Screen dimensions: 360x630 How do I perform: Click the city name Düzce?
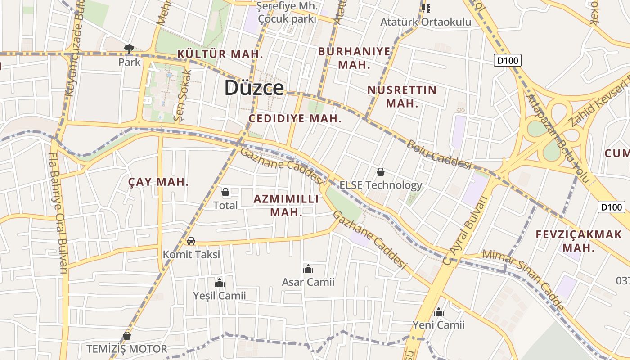pyautogui.click(x=254, y=88)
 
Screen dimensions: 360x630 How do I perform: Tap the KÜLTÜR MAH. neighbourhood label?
pyautogui.click(x=220, y=54)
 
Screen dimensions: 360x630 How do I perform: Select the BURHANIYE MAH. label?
pyautogui.click(x=354, y=58)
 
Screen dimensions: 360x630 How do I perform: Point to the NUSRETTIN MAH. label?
pyautogui.click(x=402, y=96)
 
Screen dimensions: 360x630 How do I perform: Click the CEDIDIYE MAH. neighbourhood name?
pyautogui.click(x=295, y=119)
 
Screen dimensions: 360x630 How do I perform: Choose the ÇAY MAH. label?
pyautogui.click(x=158, y=182)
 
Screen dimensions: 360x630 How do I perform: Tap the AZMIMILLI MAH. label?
pyautogui.click(x=286, y=205)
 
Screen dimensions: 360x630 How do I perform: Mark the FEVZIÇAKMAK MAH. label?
pyautogui.click(x=578, y=241)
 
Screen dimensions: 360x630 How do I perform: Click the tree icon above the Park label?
pyautogui.click(x=129, y=49)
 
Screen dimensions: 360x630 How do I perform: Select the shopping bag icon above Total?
pyautogui.click(x=225, y=193)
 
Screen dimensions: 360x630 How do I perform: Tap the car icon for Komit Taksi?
pyautogui.click(x=191, y=241)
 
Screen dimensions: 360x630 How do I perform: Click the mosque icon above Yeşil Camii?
pyautogui.click(x=220, y=283)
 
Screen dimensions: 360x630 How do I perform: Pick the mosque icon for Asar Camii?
pyautogui.click(x=308, y=269)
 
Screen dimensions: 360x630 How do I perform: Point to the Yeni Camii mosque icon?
pyautogui.click(x=439, y=312)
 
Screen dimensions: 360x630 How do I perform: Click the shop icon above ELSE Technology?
pyautogui.click(x=381, y=172)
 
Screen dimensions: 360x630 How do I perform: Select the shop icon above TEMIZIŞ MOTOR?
pyautogui.click(x=127, y=336)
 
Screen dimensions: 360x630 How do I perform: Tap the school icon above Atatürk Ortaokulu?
pyautogui.click(x=426, y=9)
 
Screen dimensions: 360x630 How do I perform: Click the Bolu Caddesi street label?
pyautogui.click(x=438, y=154)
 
